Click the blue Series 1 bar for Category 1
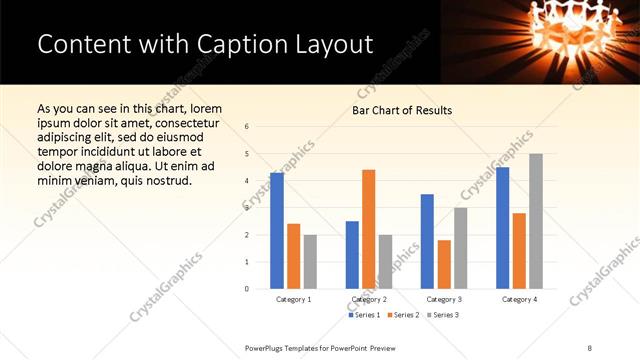pyautogui.click(x=277, y=231)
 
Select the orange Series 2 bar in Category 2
pyautogui.click(x=368, y=229)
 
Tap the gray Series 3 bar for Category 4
pyautogui.click(x=536, y=221)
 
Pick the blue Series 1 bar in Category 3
pyautogui.click(x=427, y=241)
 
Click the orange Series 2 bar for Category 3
pyautogui.click(x=444, y=264)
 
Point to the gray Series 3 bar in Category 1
pyautogui.click(x=310, y=262)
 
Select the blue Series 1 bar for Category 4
pyautogui.click(x=502, y=228)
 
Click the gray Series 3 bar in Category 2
pyautogui.click(x=385, y=262)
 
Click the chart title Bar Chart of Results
pyautogui.click(x=402, y=110)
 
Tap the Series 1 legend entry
pyautogui.click(x=362, y=315)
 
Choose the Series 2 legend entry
pyautogui.click(x=402, y=315)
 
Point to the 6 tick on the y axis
pyautogui.click(x=247, y=127)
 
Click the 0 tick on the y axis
pyautogui.click(x=247, y=289)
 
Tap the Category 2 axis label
pyautogui.click(x=369, y=299)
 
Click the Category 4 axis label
pyautogui.click(x=519, y=299)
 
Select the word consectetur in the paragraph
pyautogui.click(x=183, y=121)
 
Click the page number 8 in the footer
pyautogui.click(x=589, y=347)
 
